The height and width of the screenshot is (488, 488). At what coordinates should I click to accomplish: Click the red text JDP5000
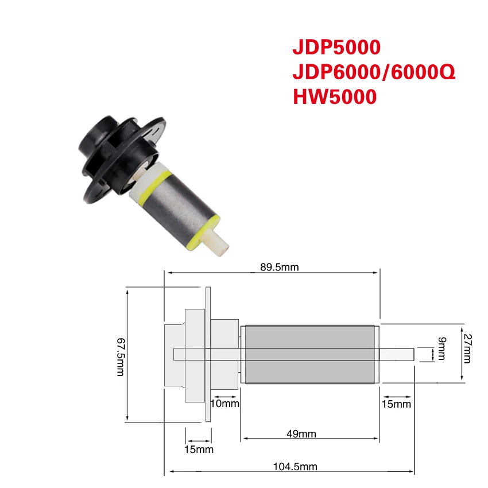336,47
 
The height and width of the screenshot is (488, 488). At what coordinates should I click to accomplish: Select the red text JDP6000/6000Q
374,72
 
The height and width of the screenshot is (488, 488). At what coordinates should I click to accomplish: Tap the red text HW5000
335,96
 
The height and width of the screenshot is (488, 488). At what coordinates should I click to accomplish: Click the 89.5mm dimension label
280,267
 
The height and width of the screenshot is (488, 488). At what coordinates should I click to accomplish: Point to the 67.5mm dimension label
121,357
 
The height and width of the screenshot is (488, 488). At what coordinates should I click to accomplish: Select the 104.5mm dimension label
295,467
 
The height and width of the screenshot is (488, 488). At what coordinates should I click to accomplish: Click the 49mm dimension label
301,433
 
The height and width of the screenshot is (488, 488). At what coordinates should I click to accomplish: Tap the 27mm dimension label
467,348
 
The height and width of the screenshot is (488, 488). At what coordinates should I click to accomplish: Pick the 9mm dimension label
442,348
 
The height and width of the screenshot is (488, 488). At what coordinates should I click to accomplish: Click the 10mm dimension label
225,404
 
